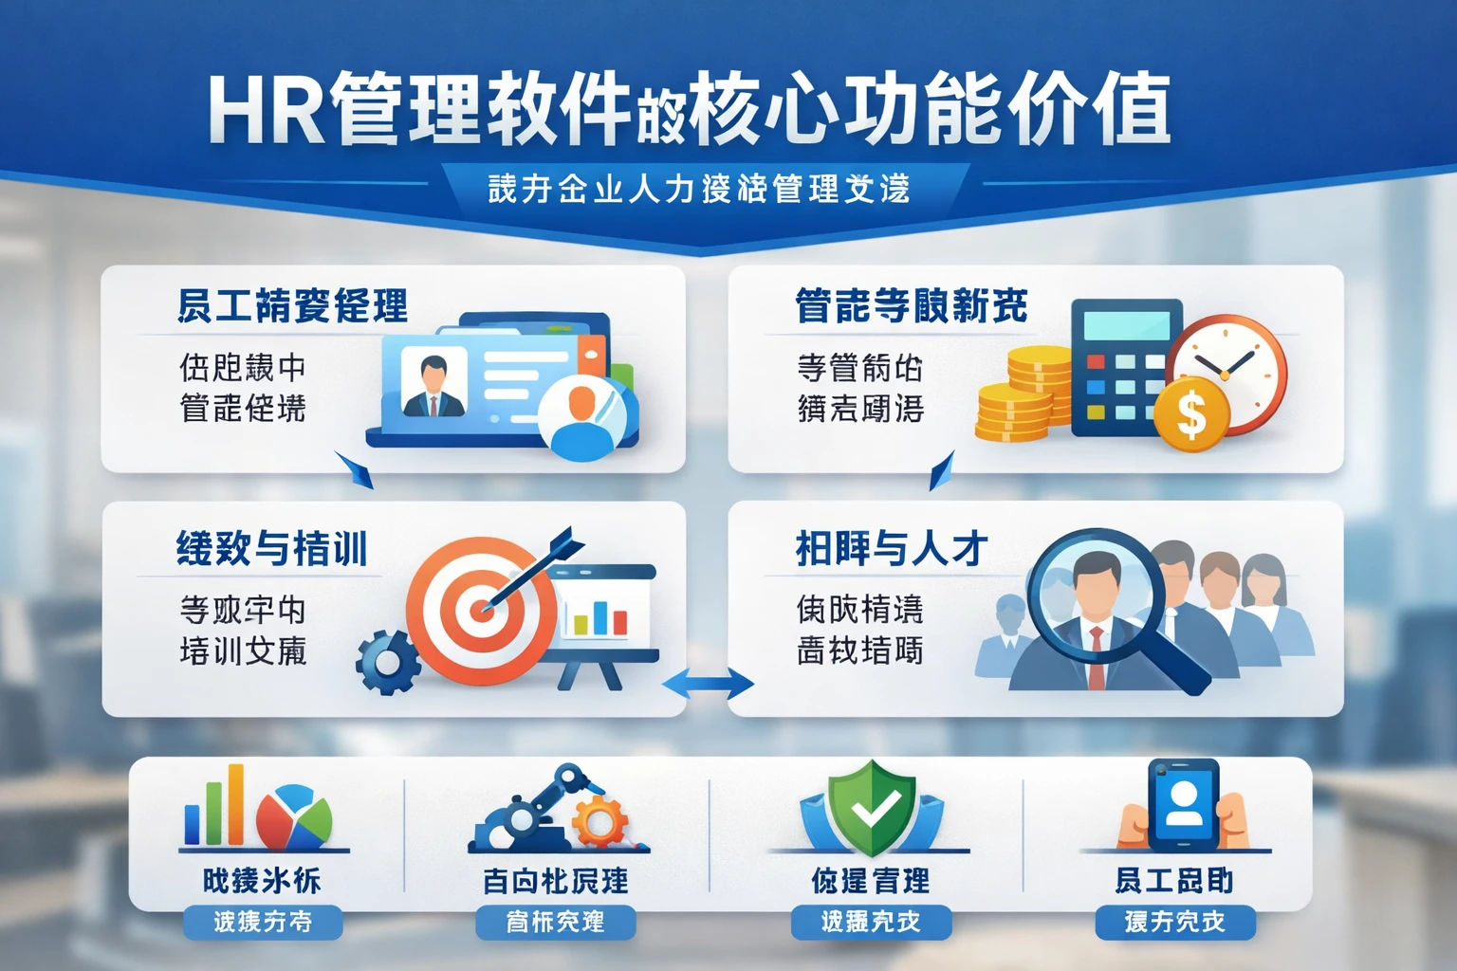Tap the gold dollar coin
pyautogui.click(x=1191, y=414)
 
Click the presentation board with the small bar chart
pyautogui.click(x=601, y=608)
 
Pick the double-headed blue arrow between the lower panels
pyautogui.click(x=707, y=683)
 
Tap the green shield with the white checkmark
pyautogui.click(x=872, y=807)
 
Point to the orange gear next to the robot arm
pyautogui.click(x=599, y=820)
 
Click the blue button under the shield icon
pyautogui.click(x=871, y=922)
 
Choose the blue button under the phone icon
pyautogui.click(x=1174, y=922)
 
